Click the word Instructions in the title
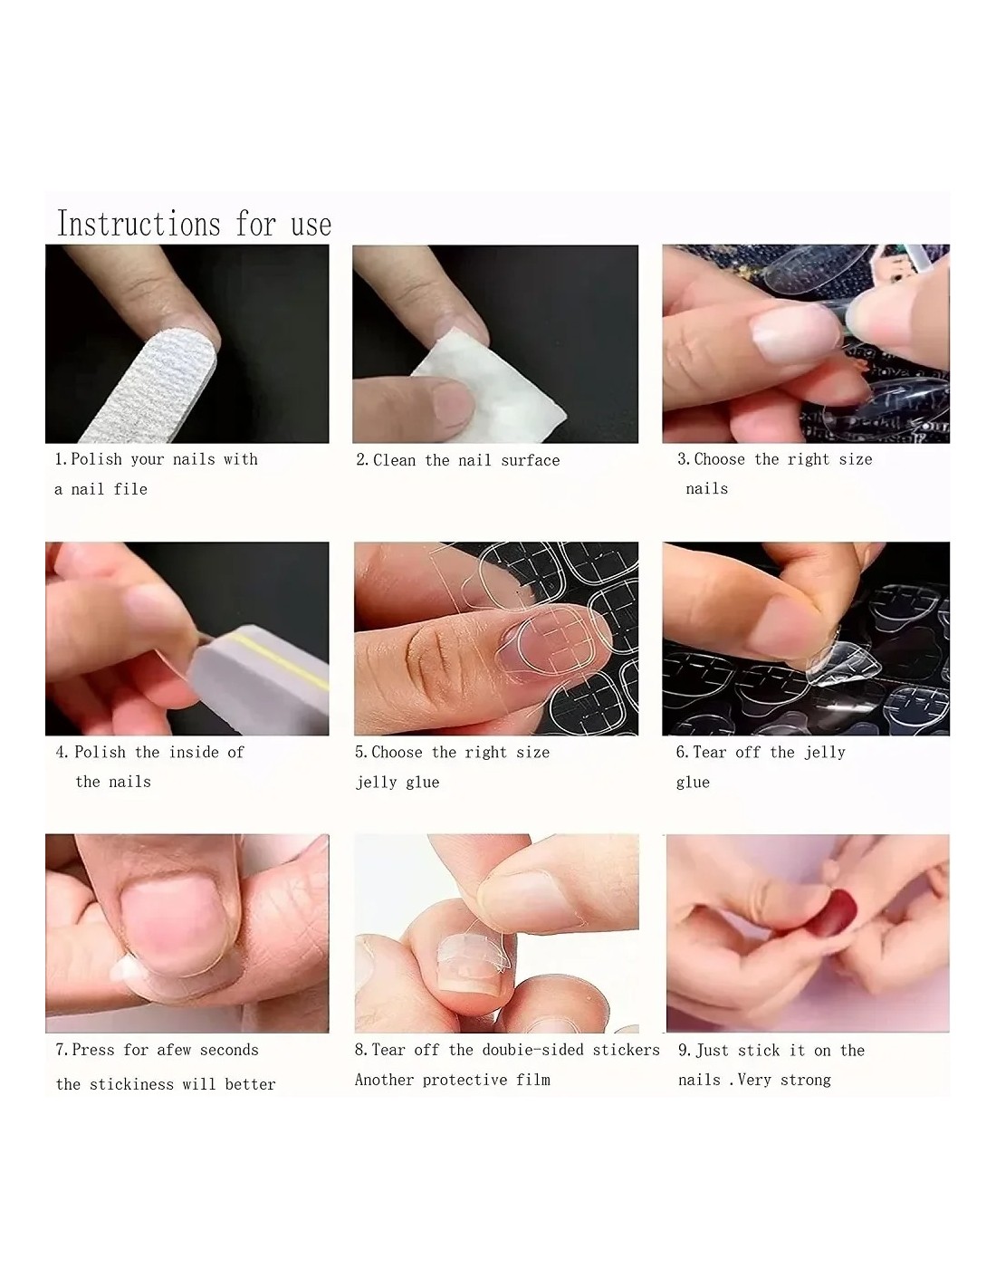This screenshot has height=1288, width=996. (138, 224)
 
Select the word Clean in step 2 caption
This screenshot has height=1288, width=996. (394, 460)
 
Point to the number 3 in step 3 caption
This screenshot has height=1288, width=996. (682, 459)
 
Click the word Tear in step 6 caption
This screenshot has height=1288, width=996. (710, 752)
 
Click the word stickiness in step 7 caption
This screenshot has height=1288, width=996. (132, 1084)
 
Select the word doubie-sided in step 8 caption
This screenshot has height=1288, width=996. (533, 1050)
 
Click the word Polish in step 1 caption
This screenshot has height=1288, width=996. (97, 459)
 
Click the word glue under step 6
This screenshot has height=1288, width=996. (693, 783)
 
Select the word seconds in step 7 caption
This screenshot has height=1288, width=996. (229, 1050)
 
